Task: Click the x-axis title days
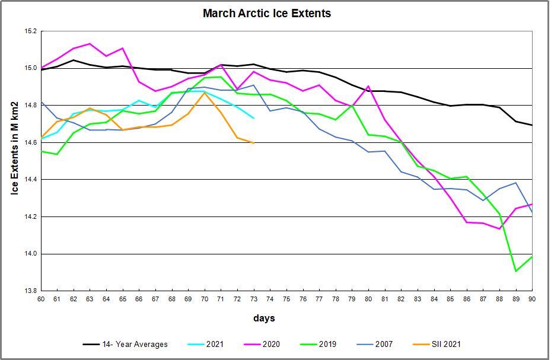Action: [264, 318]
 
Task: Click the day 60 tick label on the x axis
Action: [40, 299]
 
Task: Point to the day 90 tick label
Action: [532, 299]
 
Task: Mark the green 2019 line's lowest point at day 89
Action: [515, 271]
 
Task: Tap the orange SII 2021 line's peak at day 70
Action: [204, 93]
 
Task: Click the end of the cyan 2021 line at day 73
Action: [253, 118]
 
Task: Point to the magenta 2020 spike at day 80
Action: [368, 86]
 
